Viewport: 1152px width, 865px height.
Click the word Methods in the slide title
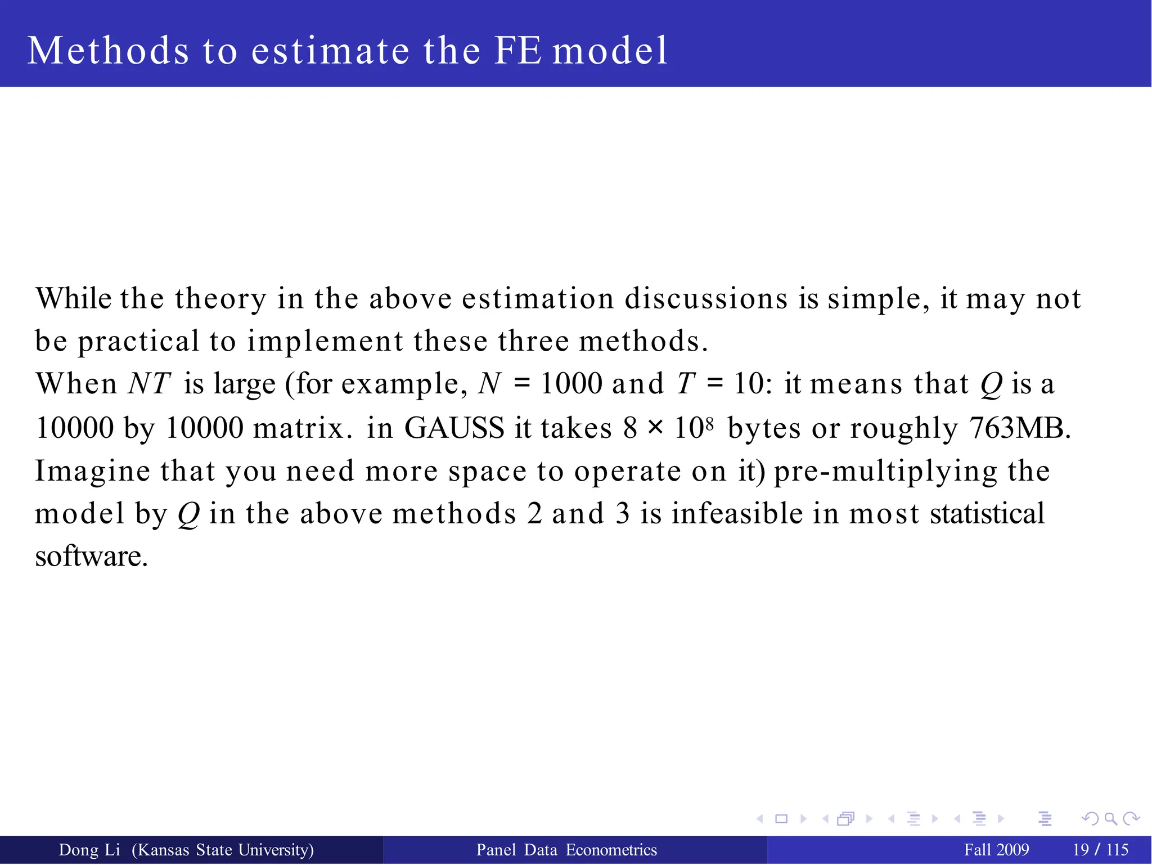click(108, 51)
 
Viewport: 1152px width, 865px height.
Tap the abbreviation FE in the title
click(518, 51)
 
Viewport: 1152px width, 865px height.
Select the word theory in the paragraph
click(220, 299)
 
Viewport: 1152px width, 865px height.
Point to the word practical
click(138, 341)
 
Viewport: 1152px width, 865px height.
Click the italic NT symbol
click(149, 384)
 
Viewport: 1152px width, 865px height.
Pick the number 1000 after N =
click(571, 384)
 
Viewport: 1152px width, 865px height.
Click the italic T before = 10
click(686, 384)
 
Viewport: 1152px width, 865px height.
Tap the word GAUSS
click(454, 428)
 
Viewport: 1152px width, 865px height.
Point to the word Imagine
click(92, 471)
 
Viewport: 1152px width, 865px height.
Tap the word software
click(91, 556)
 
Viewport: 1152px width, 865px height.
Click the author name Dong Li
click(89, 850)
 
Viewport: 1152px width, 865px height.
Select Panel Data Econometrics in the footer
click(566, 850)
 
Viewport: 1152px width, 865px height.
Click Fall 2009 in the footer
click(996, 850)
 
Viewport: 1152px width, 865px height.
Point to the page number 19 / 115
click(1100, 850)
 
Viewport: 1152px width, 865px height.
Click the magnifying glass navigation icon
click(1110, 819)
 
